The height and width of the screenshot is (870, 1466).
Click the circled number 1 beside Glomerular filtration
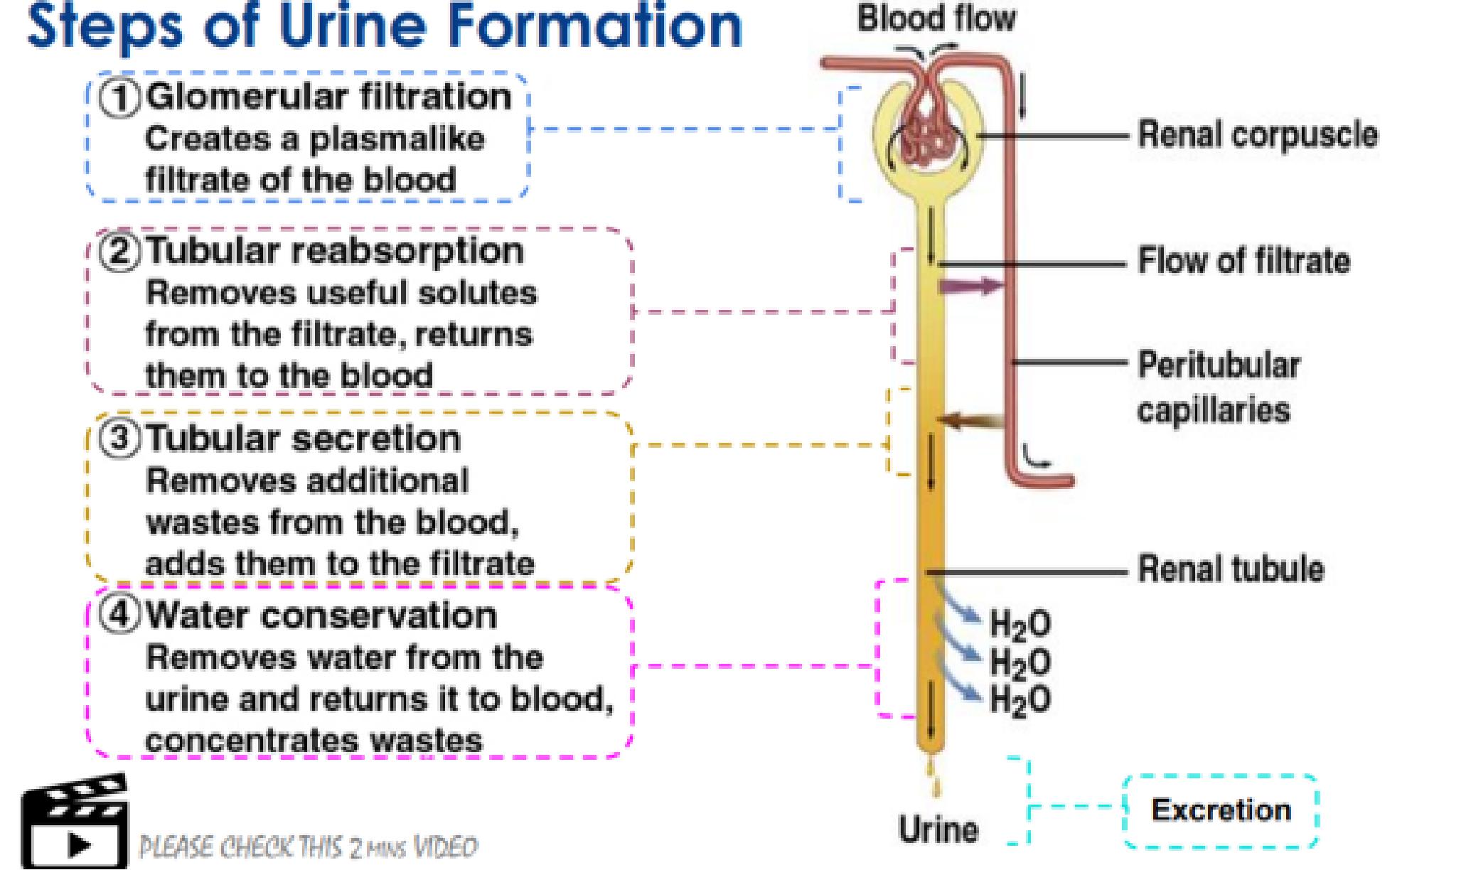click(119, 98)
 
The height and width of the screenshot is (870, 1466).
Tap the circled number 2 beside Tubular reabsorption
click(119, 252)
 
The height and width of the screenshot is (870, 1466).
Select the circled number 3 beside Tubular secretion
click(119, 439)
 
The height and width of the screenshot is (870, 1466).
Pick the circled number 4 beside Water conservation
click(119, 615)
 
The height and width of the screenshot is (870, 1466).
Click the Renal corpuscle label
click(1257, 135)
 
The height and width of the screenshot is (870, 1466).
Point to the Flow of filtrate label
click(1243, 260)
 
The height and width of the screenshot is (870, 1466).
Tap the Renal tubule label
click(1231, 569)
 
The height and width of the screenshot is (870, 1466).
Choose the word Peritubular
click(1219, 365)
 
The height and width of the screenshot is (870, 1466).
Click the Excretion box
click(1221, 811)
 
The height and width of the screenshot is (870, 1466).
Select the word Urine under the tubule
click(938, 829)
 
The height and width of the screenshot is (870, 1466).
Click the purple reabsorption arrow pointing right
click(970, 286)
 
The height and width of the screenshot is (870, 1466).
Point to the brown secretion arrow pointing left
click(970, 421)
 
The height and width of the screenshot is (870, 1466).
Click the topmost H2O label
click(1020, 625)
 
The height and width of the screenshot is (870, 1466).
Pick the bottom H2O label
click(1020, 700)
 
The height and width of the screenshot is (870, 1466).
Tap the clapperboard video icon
click(75, 822)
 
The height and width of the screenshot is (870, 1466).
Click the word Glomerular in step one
click(248, 97)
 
